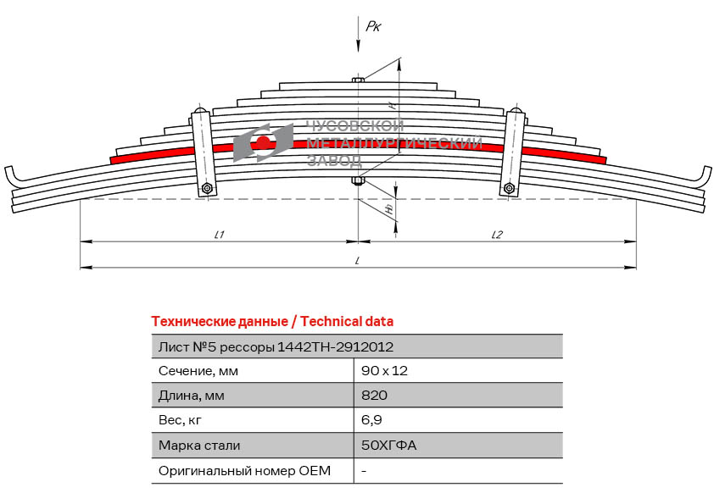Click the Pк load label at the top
pos(373,27)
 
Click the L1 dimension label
pos(219,235)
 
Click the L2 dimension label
pos(497,235)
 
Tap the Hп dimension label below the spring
pos(389,208)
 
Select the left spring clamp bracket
pos(203,152)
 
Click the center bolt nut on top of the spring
pos(358,80)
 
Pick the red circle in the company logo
pos(264,141)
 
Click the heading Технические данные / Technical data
pos(271,322)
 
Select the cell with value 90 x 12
pos(378,371)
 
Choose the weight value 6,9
pos(370,420)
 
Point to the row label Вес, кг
pos(181,420)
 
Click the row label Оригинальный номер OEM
pos(244,470)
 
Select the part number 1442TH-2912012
pos(336,346)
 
